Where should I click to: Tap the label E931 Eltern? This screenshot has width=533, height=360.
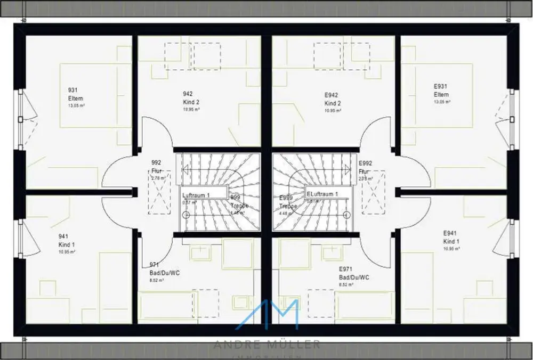pos(441,91)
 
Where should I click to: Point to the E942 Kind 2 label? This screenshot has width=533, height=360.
pos(333,99)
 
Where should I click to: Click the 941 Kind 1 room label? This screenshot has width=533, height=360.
pos(66,240)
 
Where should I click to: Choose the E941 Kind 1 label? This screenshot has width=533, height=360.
pos(451,237)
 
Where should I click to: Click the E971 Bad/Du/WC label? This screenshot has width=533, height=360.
pos(354,273)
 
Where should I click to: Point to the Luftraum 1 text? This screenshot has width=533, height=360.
pos(196,195)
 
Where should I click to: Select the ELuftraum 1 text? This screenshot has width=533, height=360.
pos(322,194)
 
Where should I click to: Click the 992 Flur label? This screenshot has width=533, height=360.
pos(156,167)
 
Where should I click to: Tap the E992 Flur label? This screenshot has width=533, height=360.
pos(365,167)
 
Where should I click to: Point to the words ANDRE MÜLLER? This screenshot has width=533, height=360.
pos(267,345)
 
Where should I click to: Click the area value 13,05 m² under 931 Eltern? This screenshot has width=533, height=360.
pos(76,106)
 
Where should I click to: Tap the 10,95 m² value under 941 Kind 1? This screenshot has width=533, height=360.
pos(67,252)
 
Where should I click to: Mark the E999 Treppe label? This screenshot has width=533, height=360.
pos(286,202)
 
